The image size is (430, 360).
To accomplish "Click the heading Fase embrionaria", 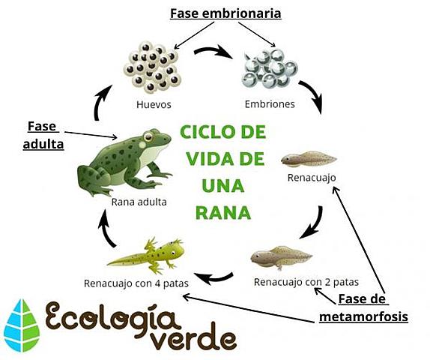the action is pyautogui.click(x=225, y=13).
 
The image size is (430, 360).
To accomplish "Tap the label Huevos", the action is pyautogui.click(x=154, y=104).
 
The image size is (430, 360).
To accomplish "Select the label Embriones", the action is pyautogui.click(x=270, y=104).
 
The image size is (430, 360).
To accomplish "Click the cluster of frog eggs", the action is pyautogui.click(x=152, y=67).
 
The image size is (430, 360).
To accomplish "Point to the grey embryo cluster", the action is pyautogui.click(x=270, y=69).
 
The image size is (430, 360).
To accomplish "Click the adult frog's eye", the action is pyautogui.click(x=148, y=136).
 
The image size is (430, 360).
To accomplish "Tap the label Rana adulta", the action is pyautogui.click(x=139, y=202).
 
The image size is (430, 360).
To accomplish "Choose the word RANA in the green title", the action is pyautogui.click(x=223, y=212).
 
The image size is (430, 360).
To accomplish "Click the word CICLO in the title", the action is pyautogui.click(x=207, y=132).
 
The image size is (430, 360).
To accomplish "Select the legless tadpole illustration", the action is pyautogui.click(x=309, y=159).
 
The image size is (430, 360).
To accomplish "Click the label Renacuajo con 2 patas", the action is pyautogui.click(x=306, y=282).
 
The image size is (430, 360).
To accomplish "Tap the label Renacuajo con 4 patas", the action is pyautogui.click(x=136, y=283).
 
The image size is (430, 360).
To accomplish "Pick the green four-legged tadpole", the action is pyautogui.click(x=146, y=256).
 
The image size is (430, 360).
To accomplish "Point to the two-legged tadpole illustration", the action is pyautogui.click(x=282, y=257).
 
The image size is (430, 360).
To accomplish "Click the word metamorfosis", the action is pyautogui.click(x=363, y=317).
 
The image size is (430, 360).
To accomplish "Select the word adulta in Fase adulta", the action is pyautogui.click(x=43, y=145).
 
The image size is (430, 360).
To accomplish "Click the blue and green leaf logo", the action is pyautogui.click(x=22, y=325).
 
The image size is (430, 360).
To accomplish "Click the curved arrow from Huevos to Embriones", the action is pyautogui.click(x=214, y=52).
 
